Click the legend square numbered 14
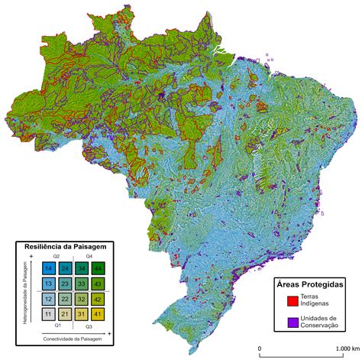[x=48, y=269]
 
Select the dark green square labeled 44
[x=98, y=269]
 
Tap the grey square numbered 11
[x=48, y=314]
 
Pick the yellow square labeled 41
[x=98, y=314]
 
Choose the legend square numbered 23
[x=65, y=284]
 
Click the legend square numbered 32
[x=81, y=299]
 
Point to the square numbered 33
[x=81, y=284]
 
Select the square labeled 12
[x=48, y=299]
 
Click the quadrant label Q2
[x=56, y=257]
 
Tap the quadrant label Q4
[x=89, y=257]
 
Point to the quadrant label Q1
[x=56, y=326]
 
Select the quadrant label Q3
[x=89, y=326]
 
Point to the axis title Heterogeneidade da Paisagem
[x=27, y=292]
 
